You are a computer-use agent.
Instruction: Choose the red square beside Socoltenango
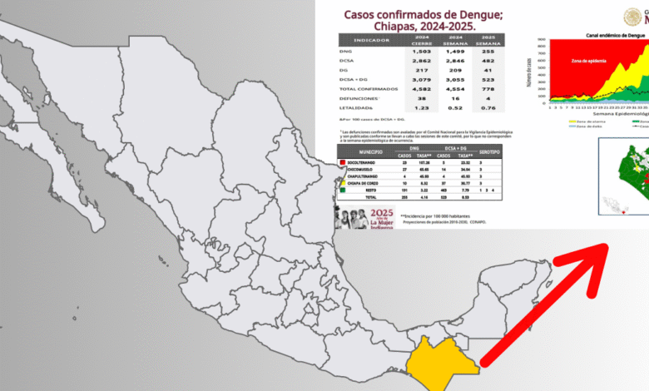coord(342,162)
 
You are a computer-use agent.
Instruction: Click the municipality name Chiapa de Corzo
coord(365,182)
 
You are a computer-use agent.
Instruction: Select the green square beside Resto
coord(342,189)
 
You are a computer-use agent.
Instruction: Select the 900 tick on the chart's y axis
coord(542,40)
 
